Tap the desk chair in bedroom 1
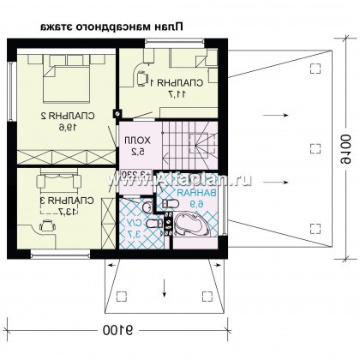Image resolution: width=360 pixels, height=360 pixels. coord(139,75)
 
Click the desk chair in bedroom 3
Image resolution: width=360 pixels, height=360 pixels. coord(44,224)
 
